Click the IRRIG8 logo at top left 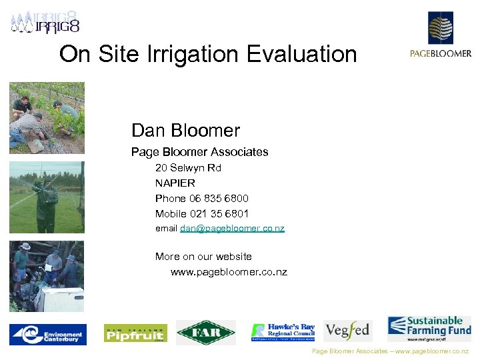45,23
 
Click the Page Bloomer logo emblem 440,28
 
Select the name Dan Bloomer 185,130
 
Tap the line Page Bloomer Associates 199,152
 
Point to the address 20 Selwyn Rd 188,168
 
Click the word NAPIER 175,183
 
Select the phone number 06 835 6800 219,198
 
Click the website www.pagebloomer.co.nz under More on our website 229,272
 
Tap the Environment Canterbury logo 47,333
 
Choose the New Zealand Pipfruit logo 135,333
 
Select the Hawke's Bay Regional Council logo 283,331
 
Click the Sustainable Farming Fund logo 429,329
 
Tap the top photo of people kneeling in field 47,118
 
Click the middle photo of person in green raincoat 47,197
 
